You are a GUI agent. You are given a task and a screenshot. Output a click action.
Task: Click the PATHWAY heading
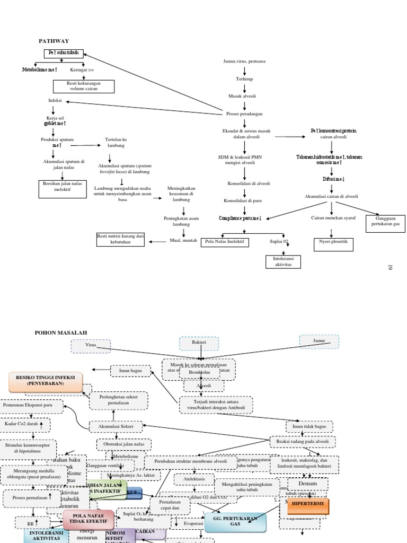(x=54, y=41)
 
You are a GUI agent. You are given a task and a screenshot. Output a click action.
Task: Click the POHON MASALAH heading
(x=60, y=332)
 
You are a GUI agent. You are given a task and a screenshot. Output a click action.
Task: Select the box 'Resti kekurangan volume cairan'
(x=83, y=86)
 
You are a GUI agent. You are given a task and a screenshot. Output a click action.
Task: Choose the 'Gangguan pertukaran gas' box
(x=385, y=224)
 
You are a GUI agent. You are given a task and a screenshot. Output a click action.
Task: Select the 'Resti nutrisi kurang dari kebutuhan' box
(x=120, y=239)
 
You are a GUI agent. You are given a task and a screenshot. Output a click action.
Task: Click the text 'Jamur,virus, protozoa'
(x=244, y=62)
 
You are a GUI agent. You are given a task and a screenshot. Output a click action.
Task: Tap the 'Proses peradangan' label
(x=244, y=114)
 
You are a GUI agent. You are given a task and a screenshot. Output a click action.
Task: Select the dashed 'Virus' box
(x=91, y=346)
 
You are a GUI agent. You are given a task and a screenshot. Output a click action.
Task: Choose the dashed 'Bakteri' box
(x=199, y=343)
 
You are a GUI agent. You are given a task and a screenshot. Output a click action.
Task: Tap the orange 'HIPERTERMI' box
(x=308, y=506)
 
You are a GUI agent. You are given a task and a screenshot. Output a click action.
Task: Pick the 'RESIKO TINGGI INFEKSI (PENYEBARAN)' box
(x=46, y=380)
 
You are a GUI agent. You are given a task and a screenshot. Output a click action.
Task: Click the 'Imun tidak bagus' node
(x=310, y=426)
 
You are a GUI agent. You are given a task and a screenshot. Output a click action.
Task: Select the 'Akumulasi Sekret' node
(x=116, y=425)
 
